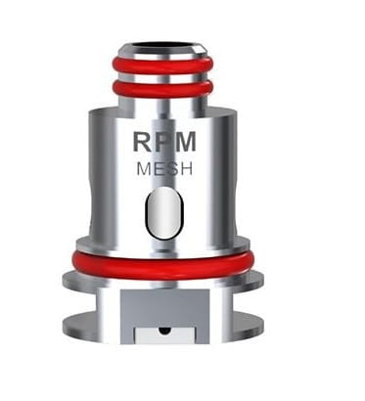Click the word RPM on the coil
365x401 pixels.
164,141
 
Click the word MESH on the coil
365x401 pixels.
164,168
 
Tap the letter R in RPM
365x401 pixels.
143,142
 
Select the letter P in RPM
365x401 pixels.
162,142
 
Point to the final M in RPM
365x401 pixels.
185,142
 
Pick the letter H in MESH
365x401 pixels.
186,169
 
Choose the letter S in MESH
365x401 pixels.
171,169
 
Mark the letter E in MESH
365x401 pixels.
159,169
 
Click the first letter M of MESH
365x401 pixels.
144,169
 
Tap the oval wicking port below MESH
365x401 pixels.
164,212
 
